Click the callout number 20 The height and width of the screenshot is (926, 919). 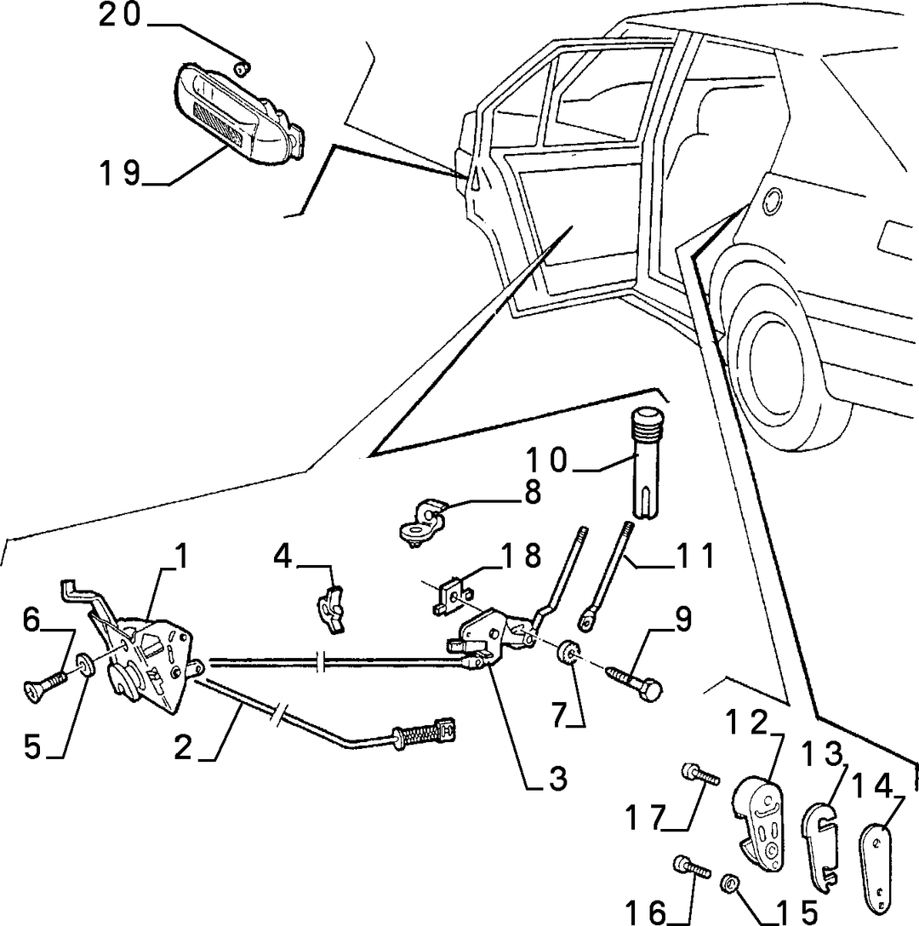pyautogui.click(x=119, y=14)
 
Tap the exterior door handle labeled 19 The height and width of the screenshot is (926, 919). pyautogui.click(x=240, y=111)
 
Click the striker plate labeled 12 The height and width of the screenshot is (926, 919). pyautogui.click(x=760, y=813)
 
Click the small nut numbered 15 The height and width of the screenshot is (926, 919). pyautogui.click(x=729, y=884)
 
